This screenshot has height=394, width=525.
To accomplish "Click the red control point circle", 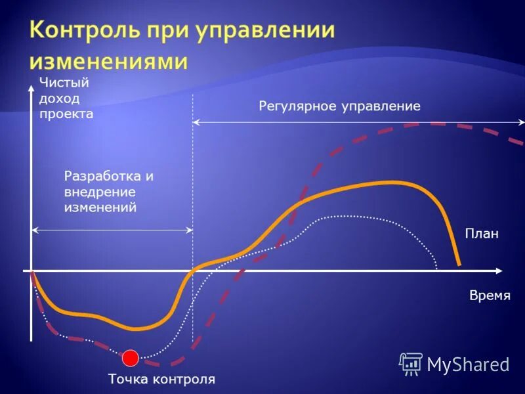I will (131, 358).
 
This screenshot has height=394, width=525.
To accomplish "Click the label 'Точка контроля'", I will (161, 379).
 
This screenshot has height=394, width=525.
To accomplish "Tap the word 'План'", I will (482, 233).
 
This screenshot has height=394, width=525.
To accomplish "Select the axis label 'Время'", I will (490, 295).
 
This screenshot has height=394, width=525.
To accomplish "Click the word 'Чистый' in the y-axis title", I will (64, 82).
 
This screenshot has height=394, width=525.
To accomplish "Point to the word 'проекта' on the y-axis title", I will (66, 114).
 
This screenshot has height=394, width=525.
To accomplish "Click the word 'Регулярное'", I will (297, 106).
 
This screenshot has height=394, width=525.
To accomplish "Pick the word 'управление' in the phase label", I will (380, 106).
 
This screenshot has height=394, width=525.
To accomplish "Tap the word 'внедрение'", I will (100, 192).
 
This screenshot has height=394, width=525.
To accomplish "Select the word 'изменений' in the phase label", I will (100, 208).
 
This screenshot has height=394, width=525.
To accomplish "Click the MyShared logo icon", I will (411, 363).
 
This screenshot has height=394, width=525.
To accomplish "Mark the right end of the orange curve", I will (459, 264).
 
